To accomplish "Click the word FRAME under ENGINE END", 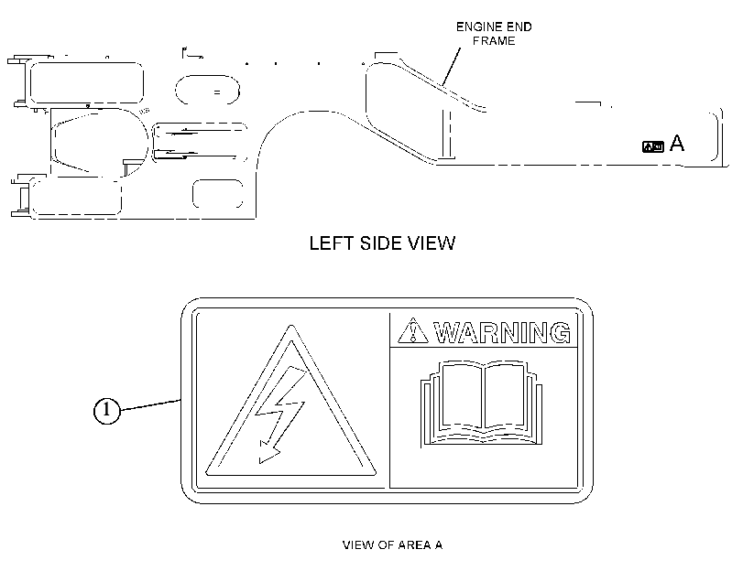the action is coord(494,41).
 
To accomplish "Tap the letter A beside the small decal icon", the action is coord(677,143).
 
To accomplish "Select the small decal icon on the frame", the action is coord(653,146).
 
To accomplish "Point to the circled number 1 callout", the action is coord(106,410).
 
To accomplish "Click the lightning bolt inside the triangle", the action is coord(280,414).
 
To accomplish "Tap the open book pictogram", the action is coord(481,404).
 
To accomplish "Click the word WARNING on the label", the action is coord(502,332).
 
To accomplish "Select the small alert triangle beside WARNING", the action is coord(412,330).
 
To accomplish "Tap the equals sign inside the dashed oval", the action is coord(216,92).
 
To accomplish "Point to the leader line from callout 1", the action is coord(150,404).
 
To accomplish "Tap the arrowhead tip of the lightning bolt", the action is coord(260,462).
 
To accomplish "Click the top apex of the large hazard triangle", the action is coord(291,325).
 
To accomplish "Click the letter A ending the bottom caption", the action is coord(439,545).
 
